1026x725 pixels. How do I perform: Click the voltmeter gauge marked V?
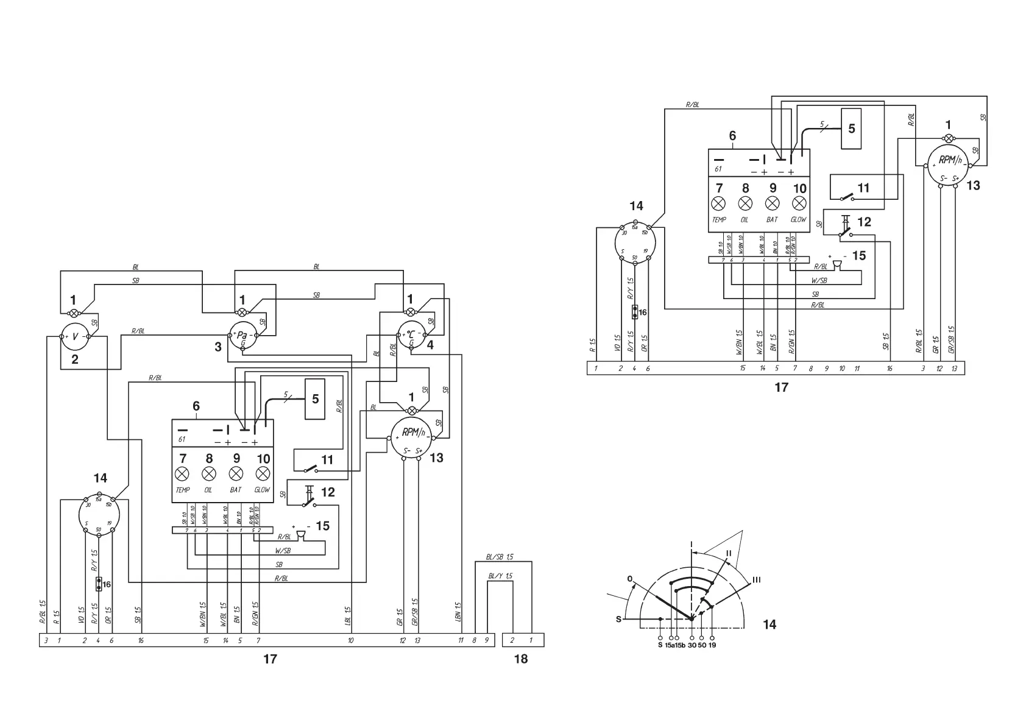point(75,336)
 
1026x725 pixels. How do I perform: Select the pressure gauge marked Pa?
point(242,336)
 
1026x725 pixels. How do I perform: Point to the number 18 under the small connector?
point(520,659)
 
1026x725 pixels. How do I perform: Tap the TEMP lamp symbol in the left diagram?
point(182,474)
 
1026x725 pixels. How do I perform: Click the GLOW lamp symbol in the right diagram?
point(799,203)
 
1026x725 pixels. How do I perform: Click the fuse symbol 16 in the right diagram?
point(635,312)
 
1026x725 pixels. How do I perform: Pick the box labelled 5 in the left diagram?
point(315,398)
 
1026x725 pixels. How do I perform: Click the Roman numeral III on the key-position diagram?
point(757,579)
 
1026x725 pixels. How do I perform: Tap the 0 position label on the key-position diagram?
point(629,578)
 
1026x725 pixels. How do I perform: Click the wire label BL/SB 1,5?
point(500,557)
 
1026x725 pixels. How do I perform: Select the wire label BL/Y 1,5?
point(500,576)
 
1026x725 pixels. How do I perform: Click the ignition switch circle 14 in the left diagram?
point(99,515)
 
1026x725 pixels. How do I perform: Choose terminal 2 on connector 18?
point(512,641)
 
